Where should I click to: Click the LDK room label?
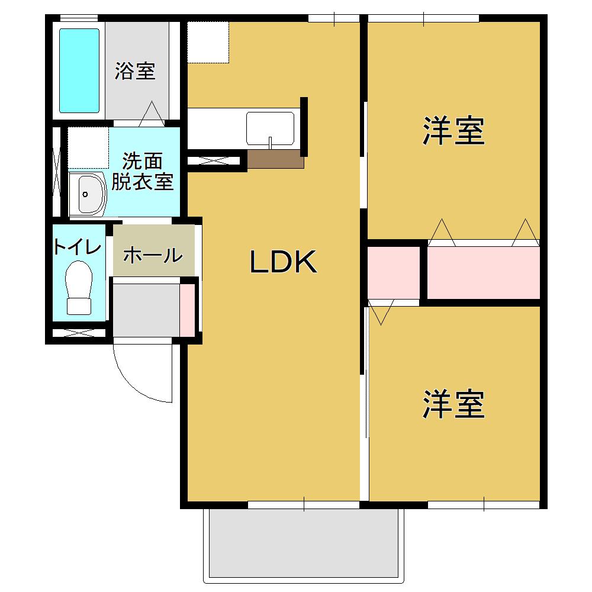point(284,262)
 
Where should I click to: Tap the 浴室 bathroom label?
point(135,72)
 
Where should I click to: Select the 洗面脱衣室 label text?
point(143,172)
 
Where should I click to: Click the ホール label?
point(152,256)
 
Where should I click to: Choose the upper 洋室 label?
point(453,131)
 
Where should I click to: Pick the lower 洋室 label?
point(453,404)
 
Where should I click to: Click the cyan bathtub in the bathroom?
point(79,70)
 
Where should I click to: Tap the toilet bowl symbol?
point(79,287)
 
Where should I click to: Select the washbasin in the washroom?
point(87,194)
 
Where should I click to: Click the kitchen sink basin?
point(270,128)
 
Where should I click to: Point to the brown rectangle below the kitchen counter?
point(275,159)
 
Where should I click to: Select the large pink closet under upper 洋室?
point(483,273)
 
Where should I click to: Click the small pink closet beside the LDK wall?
point(393,273)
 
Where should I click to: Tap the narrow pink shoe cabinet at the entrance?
point(187,310)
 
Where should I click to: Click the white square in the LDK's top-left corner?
point(208,41)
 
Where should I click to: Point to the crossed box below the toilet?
point(78,333)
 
